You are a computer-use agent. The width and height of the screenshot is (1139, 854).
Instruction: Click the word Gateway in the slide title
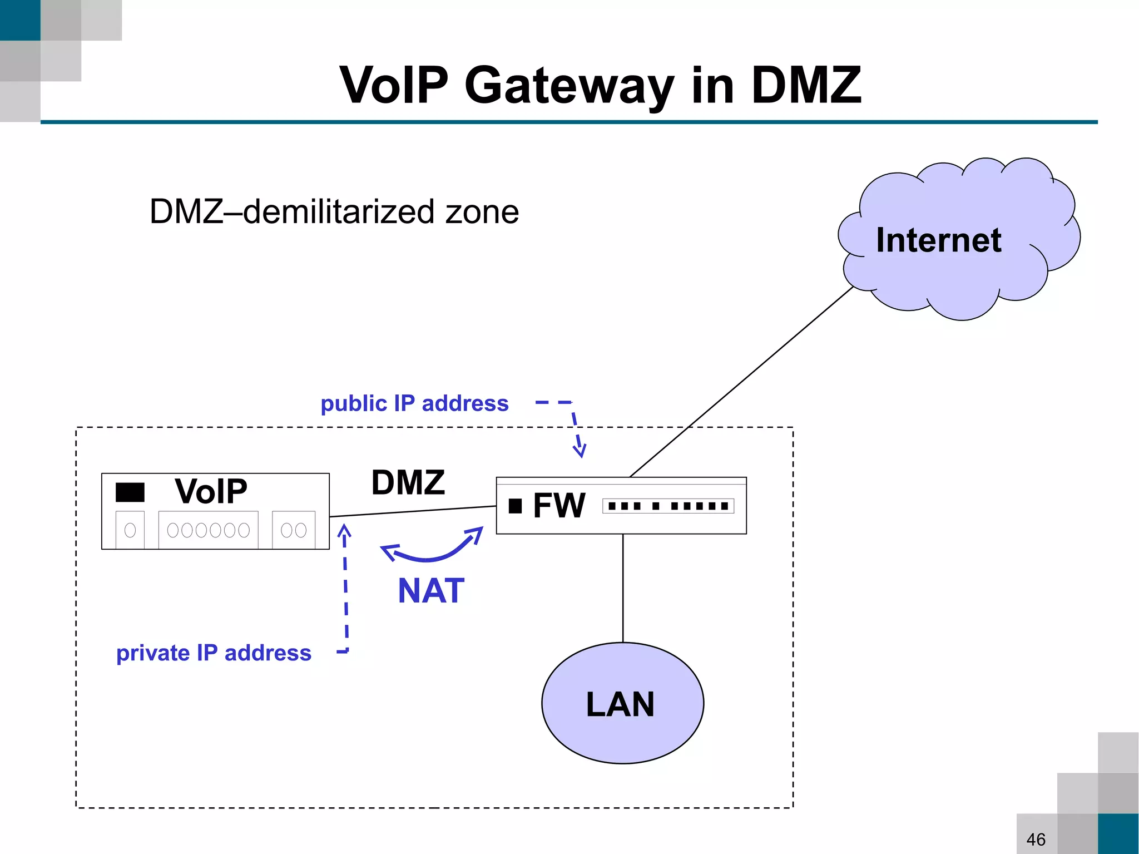pyautogui.click(x=568, y=86)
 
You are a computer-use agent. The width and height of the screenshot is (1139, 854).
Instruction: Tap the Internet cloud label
pyautogui.click(x=938, y=240)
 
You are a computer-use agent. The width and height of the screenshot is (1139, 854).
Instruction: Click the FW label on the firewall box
pyautogui.click(x=558, y=506)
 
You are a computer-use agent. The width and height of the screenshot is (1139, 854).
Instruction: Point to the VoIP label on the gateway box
pyautogui.click(x=211, y=491)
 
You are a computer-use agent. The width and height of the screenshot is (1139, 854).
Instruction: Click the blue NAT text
pyautogui.click(x=431, y=591)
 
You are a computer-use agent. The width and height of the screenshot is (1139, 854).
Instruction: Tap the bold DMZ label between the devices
pyautogui.click(x=408, y=482)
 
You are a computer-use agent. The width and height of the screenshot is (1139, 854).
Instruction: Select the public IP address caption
pyautogui.click(x=414, y=403)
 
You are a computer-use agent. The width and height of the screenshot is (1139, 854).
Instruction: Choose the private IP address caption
pyautogui.click(x=214, y=653)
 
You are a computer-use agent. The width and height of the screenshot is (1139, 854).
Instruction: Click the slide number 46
pyautogui.click(x=1036, y=839)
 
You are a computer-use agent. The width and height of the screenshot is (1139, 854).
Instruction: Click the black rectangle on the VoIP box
pyautogui.click(x=130, y=492)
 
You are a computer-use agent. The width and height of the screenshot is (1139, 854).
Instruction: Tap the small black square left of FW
pyautogui.click(x=515, y=506)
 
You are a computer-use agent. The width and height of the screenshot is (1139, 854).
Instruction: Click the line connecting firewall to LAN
pyautogui.click(x=623, y=588)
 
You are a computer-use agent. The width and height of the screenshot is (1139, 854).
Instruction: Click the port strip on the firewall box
pyautogui.click(x=668, y=506)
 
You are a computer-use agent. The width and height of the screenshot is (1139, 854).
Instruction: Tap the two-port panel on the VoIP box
pyautogui.click(x=294, y=530)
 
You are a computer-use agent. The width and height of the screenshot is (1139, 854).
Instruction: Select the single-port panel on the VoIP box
pyautogui.click(x=130, y=530)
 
